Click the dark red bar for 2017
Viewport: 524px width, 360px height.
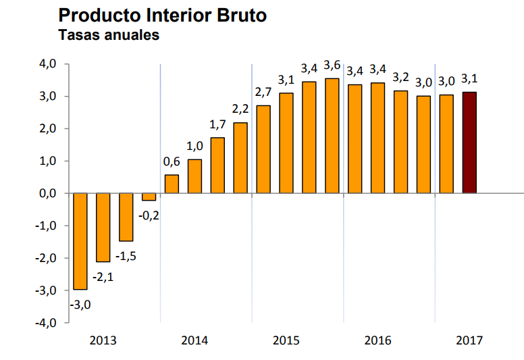click(469, 143)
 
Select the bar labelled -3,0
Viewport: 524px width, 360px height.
click(80, 241)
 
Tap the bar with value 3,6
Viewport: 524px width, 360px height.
click(332, 136)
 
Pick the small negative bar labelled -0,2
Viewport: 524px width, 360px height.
click(149, 197)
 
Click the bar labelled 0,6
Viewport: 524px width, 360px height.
click(172, 184)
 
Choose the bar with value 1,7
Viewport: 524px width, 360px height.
click(217, 165)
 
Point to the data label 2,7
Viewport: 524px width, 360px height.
click(263, 92)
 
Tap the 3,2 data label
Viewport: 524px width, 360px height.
click(400, 76)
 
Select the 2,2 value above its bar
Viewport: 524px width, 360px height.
click(240, 109)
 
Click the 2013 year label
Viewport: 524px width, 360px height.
click(103, 340)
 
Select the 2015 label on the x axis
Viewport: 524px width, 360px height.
click(286, 340)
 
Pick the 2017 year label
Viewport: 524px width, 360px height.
click(469, 340)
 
